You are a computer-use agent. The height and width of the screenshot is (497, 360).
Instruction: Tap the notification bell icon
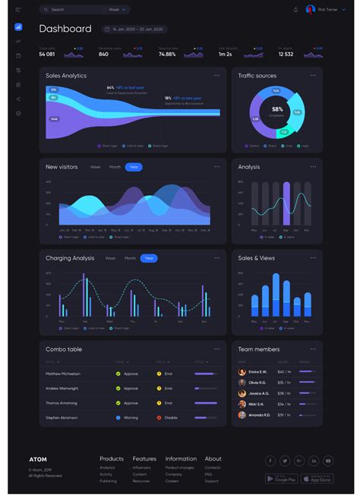295,10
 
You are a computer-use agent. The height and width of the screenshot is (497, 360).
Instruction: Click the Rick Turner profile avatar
310,10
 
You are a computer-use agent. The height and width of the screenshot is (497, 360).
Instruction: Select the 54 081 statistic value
47,54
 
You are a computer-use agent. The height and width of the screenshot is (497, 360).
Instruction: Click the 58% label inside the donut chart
277,109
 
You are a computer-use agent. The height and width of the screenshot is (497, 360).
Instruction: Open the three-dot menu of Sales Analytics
217,76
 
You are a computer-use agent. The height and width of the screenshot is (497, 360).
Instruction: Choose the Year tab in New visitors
134,167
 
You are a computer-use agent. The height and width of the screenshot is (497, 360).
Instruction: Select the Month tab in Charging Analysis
130,258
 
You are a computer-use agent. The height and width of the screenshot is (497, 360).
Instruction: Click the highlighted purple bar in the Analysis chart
286,203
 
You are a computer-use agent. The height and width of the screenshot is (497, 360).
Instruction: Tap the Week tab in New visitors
95,167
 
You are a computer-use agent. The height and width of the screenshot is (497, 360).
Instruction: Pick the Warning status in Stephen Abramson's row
130,417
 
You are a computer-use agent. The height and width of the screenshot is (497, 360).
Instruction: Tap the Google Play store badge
281,479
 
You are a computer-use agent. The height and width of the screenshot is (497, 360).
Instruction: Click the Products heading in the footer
112,459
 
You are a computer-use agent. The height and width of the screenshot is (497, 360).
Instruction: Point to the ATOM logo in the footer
38,460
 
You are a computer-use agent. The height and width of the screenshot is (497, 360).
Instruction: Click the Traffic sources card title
257,76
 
